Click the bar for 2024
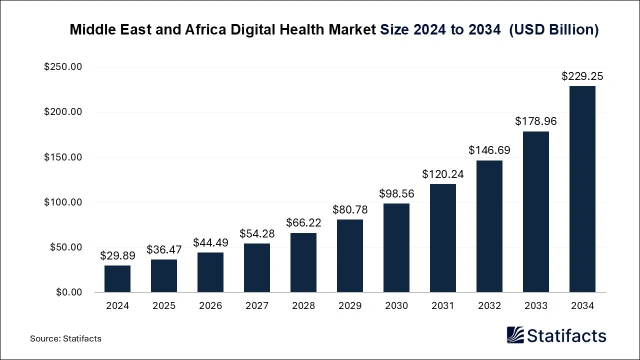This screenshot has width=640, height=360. [x=117, y=278]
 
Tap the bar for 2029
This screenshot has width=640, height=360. [x=350, y=255]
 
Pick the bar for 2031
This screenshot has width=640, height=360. [x=443, y=238]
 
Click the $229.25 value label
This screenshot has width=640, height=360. [x=582, y=76]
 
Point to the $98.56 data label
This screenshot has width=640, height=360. [x=396, y=193]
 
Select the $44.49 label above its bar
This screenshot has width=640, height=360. [x=210, y=242]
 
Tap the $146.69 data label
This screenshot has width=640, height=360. [x=489, y=150]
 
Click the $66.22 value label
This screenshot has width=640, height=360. [x=303, y=223]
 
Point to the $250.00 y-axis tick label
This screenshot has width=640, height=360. [x=63, y=67]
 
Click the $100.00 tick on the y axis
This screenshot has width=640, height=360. [x=63, y=202]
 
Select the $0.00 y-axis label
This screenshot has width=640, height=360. [x=68, y=292]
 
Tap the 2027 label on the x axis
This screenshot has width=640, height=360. [x=257, y=306]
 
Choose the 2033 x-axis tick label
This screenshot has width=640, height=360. [x=536, y=306]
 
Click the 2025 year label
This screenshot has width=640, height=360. [x=164, y=306]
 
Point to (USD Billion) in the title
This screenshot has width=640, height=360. [x=553, y=29]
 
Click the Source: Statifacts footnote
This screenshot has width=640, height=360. [x=65, y=338]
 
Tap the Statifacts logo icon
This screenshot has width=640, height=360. [x=515, y=335]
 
